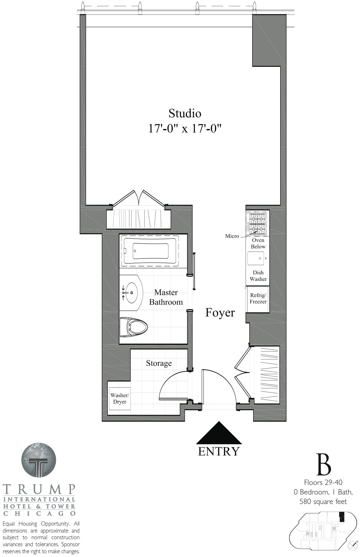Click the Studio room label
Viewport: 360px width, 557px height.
tap(185, 113)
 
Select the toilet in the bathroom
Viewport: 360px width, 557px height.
tap(134, 327)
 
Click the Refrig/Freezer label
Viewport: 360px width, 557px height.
tap(258, 299)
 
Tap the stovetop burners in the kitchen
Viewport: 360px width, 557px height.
tap(257, 223)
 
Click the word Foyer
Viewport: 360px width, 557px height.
tap(220, 313)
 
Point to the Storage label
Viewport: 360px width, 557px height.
tap(159, 363)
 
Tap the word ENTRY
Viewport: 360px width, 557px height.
tap(218, 451)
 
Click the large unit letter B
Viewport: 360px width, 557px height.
tap(323, 465)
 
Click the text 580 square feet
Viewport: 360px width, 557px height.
tap(323, 502)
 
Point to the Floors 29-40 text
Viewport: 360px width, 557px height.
tap(323, 483)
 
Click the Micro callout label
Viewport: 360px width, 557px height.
tap(232, 236)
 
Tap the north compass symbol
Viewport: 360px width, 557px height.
tap(353, 545)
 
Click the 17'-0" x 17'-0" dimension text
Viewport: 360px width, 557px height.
tap(185, 129)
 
